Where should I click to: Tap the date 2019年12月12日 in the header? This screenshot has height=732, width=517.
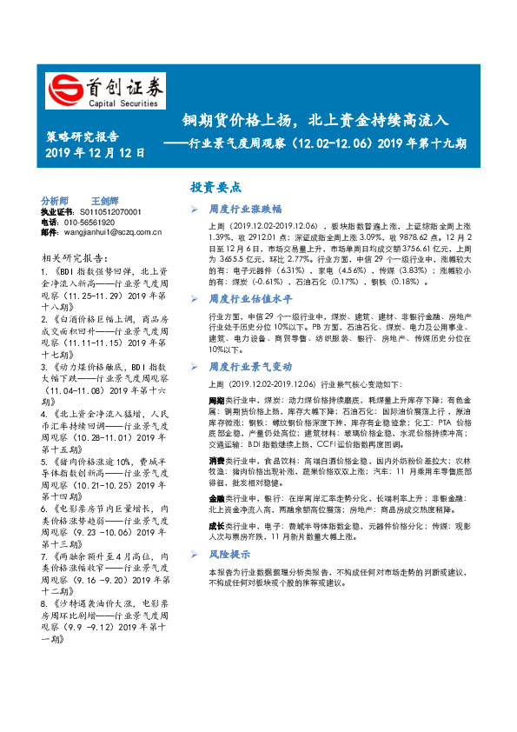coord(95,153)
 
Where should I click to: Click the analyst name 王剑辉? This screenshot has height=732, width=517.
coord(106,200)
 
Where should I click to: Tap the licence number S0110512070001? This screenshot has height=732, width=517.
coord(105,211)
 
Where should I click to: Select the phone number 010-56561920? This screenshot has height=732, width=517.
coord(94,222)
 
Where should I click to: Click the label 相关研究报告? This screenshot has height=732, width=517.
coord(75,257)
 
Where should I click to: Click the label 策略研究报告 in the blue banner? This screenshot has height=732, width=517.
coord(82,136)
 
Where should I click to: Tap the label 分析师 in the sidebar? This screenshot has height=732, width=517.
coord(55,200)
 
